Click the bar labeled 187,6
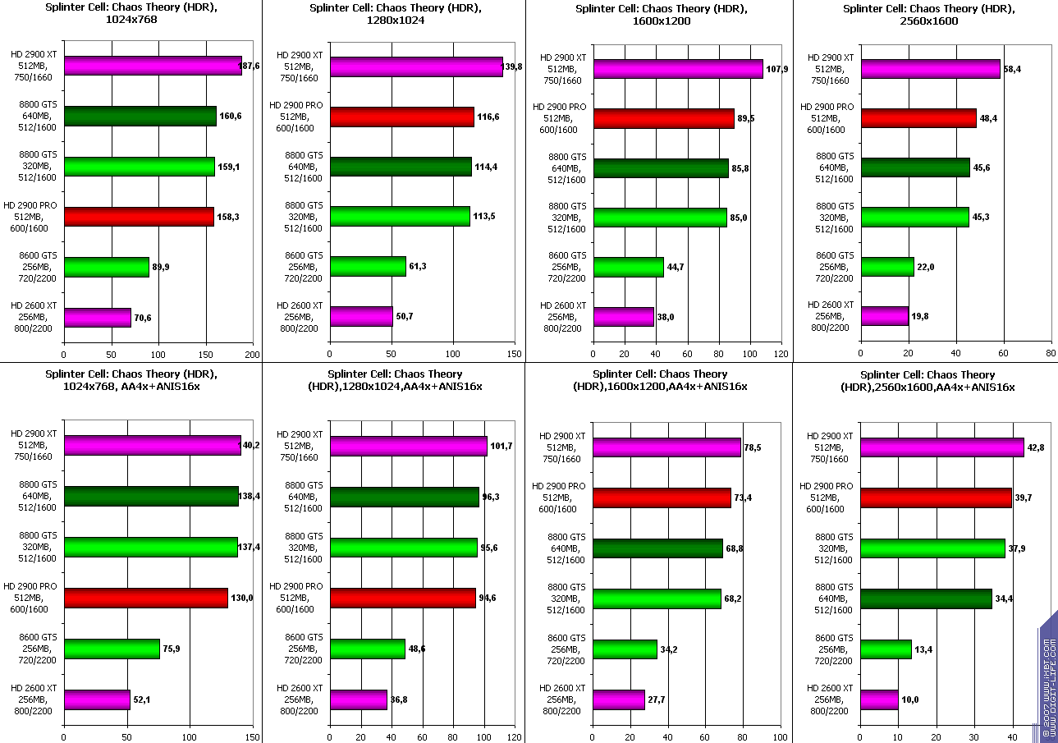[x=152, y=66]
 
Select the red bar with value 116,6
[x=401, y=117]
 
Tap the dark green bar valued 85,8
[x=660, y=168]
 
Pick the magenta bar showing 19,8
[x=884, y=316]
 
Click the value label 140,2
[x=250, y=445]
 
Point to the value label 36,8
[x=400, y=699]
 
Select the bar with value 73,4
[x=662, y=498]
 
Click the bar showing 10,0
[x=879, y=699]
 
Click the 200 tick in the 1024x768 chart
[x=253, y=355]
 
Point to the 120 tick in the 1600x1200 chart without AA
[x=781, y=355]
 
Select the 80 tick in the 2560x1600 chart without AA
[x=1051, y=355]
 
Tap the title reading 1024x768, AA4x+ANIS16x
[x=130, y=379]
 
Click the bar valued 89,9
[x=106, y=267]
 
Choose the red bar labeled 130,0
[x=145, y=598]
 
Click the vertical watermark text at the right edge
[x=1047, y=677]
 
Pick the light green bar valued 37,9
[x=932, y=548]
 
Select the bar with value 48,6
[x=367, y=649]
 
